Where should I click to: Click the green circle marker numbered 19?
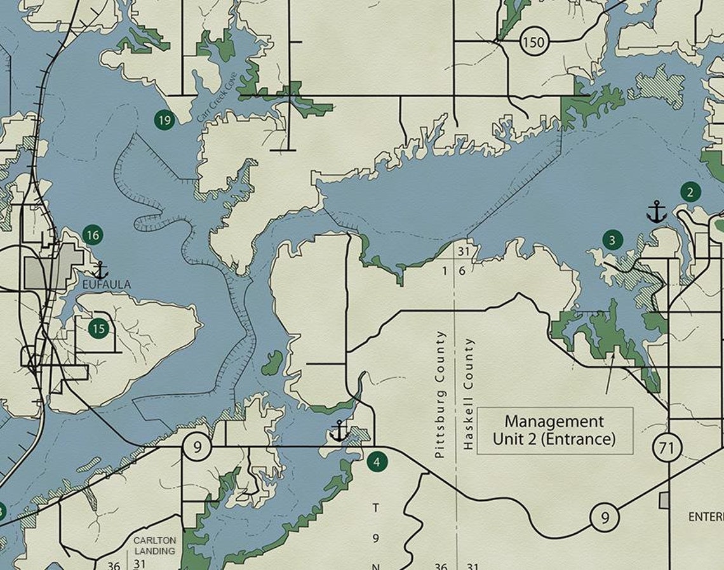(164, 119)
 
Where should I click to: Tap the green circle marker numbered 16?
(93, 235)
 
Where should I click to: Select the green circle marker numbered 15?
(98, 328)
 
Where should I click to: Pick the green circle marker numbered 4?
(377, 461)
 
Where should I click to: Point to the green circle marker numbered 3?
(612, 239)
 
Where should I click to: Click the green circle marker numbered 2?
(690, 191)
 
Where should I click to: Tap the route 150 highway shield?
(533, 43)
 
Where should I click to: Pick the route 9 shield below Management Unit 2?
(604, 517)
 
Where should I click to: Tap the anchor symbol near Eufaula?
(100, 270)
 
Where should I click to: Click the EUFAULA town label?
(107, 285)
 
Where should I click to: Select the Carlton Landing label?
(155, 545)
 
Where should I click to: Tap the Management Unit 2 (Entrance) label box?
(554, 430)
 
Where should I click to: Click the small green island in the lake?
(272, 362)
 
